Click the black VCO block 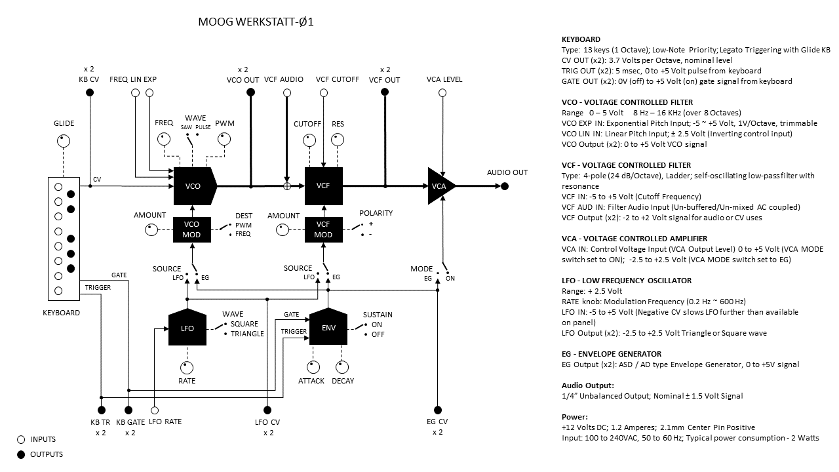[193, 186]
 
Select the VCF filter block [323, 186]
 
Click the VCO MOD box [192, 229]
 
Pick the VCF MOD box [323, 229]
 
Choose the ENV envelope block [328, 326]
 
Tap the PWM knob [225, 139]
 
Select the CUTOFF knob [307, 140]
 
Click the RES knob [338, 140]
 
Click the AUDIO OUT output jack [505, 186]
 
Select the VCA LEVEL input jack [443, 93]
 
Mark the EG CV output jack [437, 411]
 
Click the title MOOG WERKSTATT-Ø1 [256, 22]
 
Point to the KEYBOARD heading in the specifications [581, 39]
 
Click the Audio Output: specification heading [588, 385]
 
